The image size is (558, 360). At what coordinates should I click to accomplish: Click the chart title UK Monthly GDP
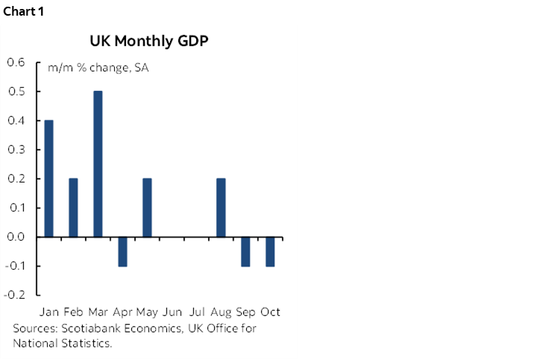click(x=148, y=40)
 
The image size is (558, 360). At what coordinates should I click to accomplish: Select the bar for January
click(x=48, y=178)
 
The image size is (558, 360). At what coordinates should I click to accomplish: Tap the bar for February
click(x=73, y=207)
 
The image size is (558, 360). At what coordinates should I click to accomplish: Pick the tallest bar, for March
click(x=98, y=164)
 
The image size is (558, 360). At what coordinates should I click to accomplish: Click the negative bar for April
click(x=122, y=251)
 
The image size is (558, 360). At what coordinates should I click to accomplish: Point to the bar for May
click(x=147, y=207)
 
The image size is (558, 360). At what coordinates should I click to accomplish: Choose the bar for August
click(x=221, y=207)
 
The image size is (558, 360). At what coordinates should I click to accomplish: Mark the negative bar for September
click(x=245, y=251)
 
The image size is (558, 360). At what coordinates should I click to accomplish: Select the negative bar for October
click(x=270, y=251)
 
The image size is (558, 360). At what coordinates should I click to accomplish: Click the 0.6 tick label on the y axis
click(x=15, y=62)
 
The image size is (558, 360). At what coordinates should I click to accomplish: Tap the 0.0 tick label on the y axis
click(x=15, y=237)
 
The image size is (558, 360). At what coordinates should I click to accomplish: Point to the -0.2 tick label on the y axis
click(x=13, y=295)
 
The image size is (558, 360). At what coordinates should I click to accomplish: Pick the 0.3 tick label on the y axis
click(x=15, y=150)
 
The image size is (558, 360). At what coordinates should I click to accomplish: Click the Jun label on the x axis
click(x=172, y=312)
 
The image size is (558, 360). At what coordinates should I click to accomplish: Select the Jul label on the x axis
click(x=198, y=312)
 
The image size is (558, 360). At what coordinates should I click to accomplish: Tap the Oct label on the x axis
click(x=270, y=312)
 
